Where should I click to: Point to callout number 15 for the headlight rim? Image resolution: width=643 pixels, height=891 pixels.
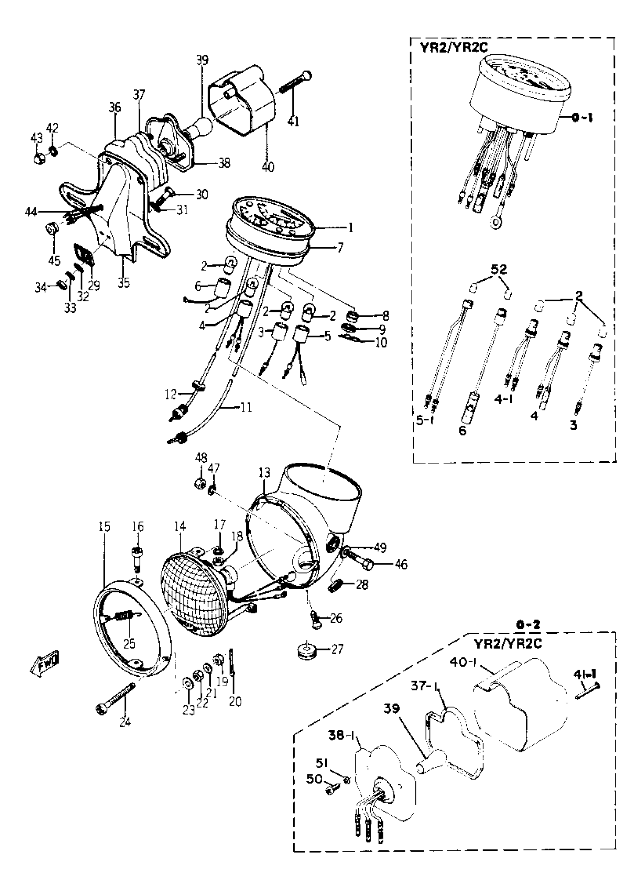click(104, 526)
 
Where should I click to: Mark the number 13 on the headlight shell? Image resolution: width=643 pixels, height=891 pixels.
click(264, 473)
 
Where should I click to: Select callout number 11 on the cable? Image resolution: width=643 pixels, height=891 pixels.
click(246, 408)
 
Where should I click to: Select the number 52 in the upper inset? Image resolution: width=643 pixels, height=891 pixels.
click(499, 270)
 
